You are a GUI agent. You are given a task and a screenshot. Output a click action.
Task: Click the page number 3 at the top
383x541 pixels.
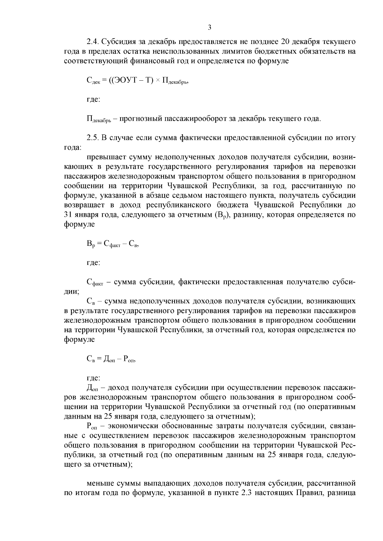(209, 27)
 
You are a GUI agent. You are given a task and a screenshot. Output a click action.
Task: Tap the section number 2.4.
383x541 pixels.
(93, 42)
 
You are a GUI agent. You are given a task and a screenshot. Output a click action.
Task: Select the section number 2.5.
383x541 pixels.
(93, 138)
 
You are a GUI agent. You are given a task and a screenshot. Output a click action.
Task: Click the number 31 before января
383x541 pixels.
(69, 215)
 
